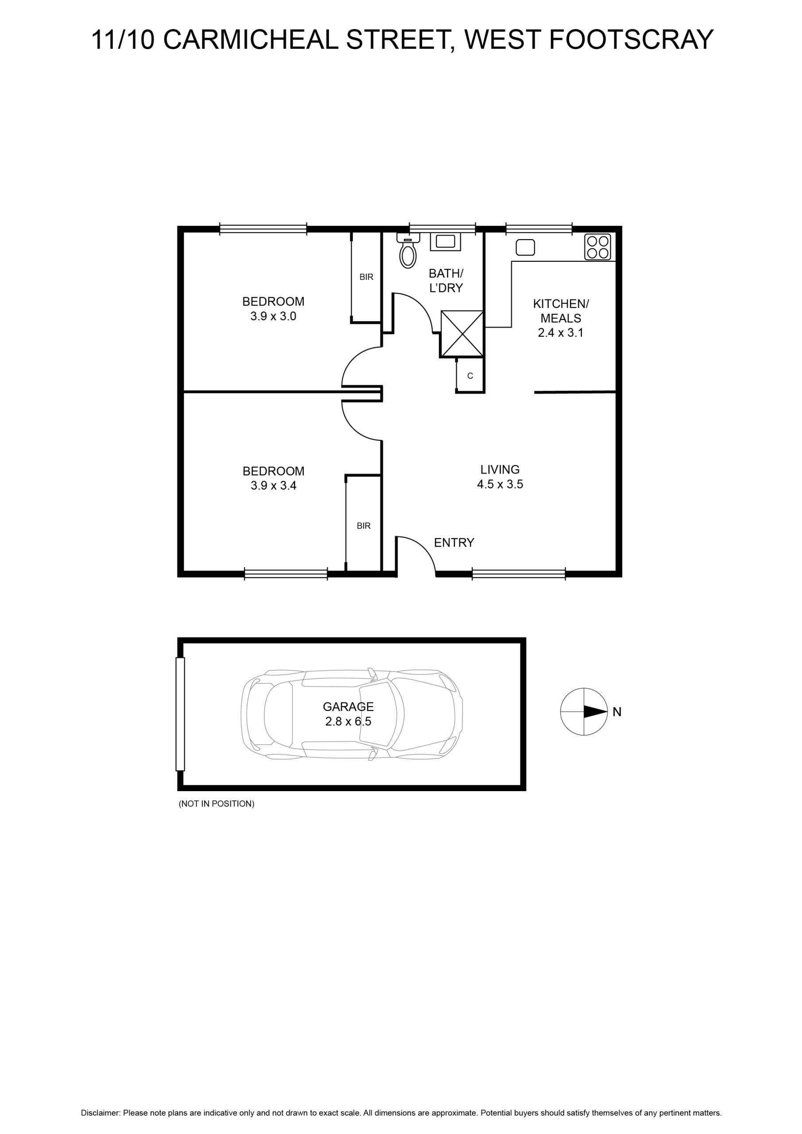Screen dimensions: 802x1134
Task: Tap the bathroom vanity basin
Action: coord(446,241)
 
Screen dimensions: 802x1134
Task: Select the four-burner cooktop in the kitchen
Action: coord(597,247)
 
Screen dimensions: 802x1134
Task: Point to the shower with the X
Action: coord(462,334)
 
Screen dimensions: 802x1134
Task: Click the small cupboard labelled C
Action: coord(470,376)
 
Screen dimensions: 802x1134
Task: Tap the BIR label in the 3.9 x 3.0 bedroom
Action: coord(366,277)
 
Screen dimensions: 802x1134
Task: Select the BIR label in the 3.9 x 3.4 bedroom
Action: coord(364,526)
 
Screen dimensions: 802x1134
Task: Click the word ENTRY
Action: coord(454,543)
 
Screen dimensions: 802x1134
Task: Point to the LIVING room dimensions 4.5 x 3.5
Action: coord(500,484)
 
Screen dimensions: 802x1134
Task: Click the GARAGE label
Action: coord(348,707)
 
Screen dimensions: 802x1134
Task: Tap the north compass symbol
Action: coord(584,712)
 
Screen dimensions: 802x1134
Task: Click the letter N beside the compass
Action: coord(617,712)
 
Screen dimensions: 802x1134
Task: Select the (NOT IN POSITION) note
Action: coord(216,804)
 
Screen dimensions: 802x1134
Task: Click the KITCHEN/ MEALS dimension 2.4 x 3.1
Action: coord(561,333)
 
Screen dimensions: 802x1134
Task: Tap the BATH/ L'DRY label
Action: coord(446,280)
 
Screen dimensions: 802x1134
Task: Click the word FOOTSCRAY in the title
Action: coord(631,39)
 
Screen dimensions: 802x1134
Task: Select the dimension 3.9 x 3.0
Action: coord(273,316)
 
